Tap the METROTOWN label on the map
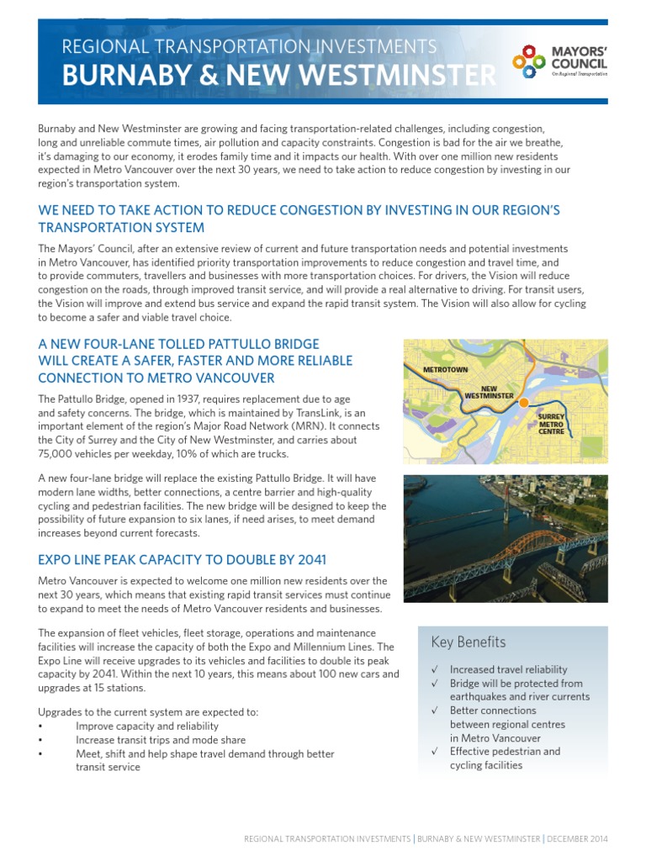[445, 370]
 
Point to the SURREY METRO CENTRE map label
[551, 423]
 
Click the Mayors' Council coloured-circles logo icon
[528, 61]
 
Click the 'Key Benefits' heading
[468, 642]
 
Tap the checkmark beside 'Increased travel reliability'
[434, 670]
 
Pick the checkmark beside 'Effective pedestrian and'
[434, 752]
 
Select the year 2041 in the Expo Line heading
[307, 559]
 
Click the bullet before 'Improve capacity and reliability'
[41, 726]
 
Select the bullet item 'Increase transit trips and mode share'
[161, 740]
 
